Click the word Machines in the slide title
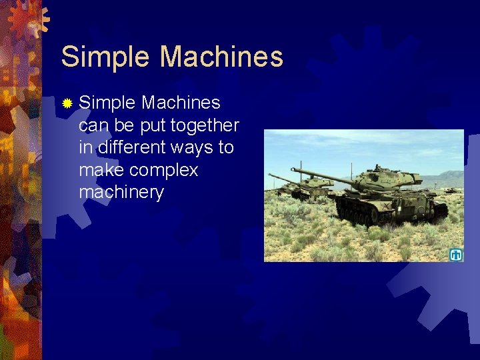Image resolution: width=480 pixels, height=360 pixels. pos(221,57)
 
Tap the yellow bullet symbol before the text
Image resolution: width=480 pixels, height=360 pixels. pos(67,103)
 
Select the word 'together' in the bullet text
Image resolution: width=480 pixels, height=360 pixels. pos(205,125)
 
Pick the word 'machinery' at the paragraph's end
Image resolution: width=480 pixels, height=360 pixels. pos(121,193)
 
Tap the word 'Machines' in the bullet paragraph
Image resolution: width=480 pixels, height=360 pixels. pos(181,103)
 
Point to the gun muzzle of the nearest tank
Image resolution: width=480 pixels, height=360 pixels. pos(294,171)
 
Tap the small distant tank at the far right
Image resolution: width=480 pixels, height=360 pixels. pos(451,190)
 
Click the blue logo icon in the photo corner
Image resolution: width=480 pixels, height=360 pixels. pos(456,254)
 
